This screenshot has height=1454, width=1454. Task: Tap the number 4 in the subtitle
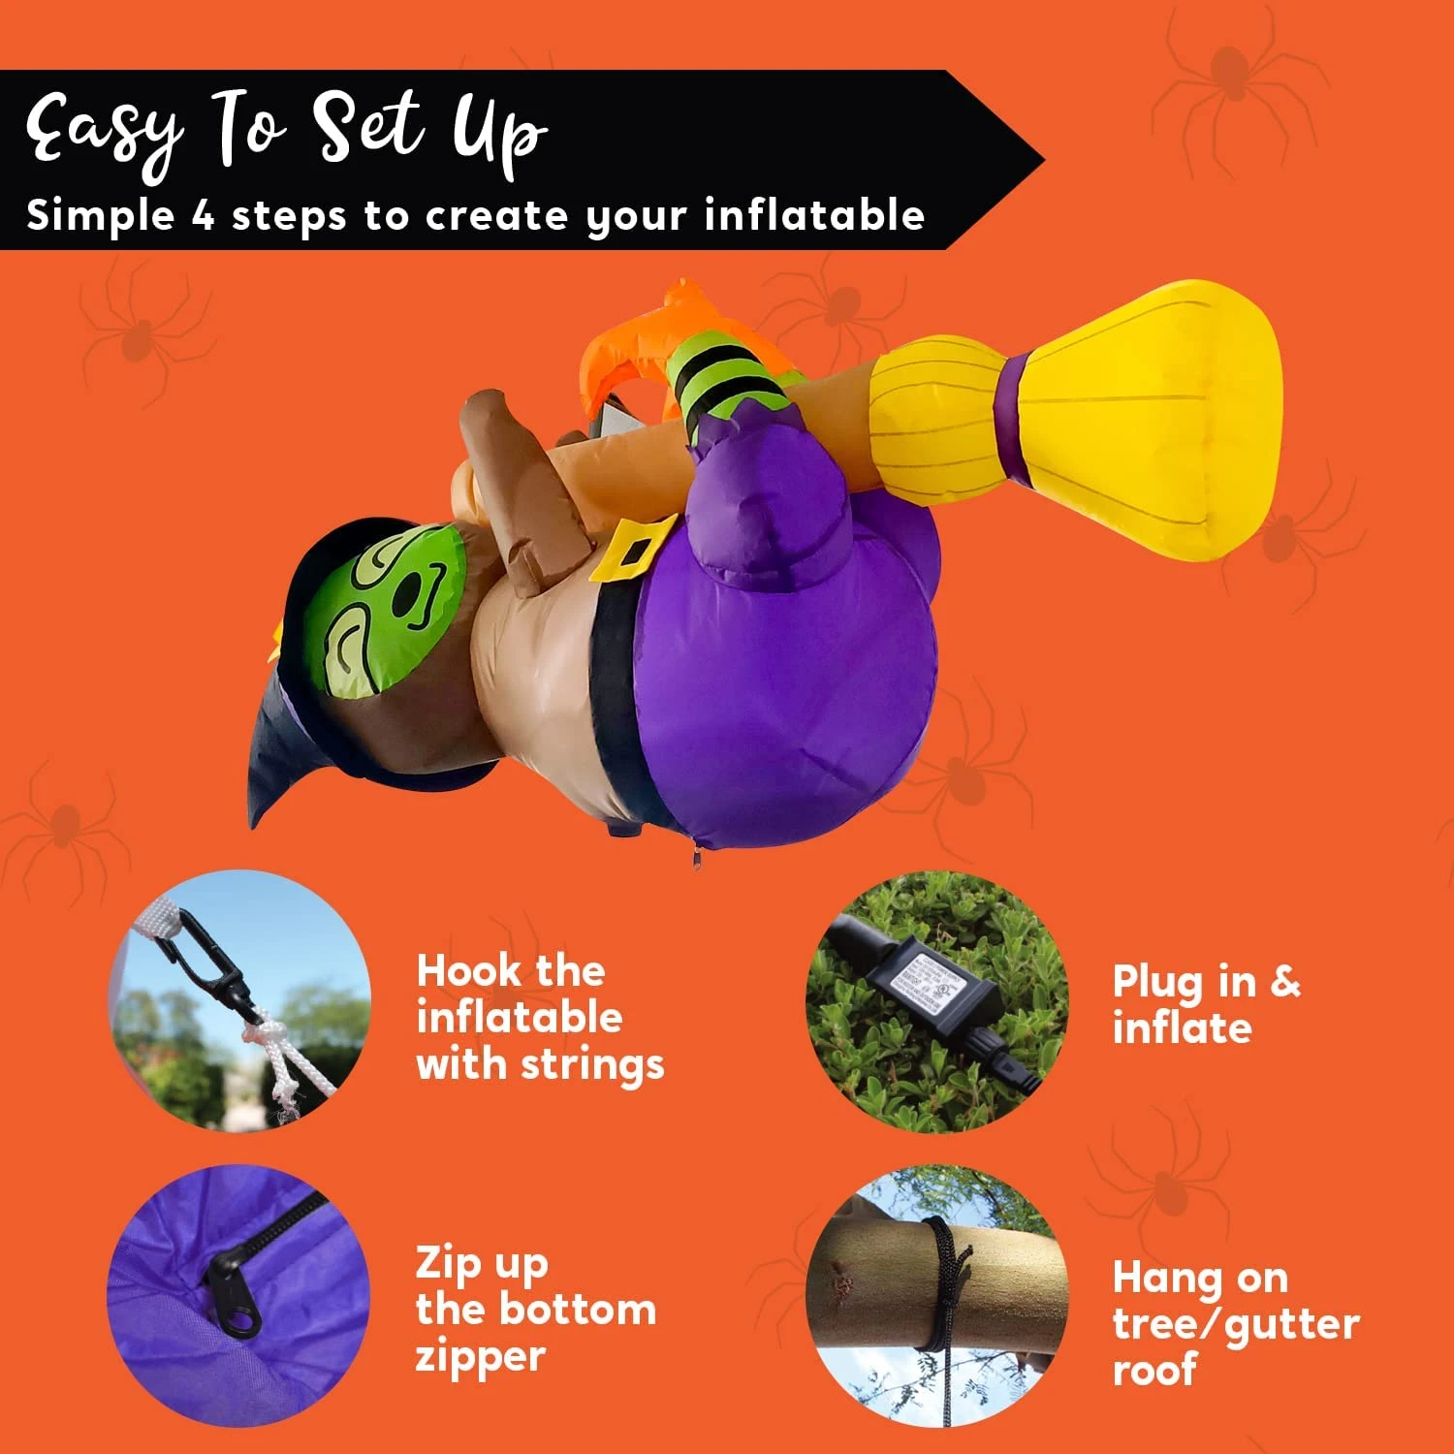point(203,214)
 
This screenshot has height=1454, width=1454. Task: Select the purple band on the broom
point(1015,417)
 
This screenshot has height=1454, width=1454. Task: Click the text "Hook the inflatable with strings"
point(540,1018)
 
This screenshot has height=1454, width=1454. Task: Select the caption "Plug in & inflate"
point(1206,1005)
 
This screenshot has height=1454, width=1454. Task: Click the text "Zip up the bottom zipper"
point(535,1310)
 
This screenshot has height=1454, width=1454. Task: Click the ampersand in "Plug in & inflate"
point(1284,981)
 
